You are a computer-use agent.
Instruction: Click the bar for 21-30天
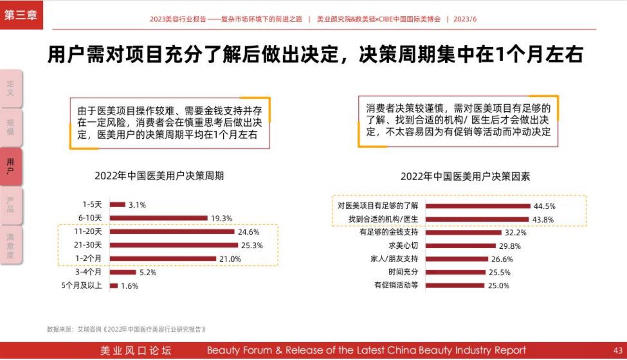click(x=174, y=245)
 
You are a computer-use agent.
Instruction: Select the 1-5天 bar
click(x=117, y=205)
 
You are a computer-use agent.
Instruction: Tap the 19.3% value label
click(x=222, y=218)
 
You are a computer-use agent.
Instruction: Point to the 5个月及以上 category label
click(x=82, y=286)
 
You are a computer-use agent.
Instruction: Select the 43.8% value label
click(x=544, y=220)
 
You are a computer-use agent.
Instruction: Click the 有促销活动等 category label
click(x=396, y=285)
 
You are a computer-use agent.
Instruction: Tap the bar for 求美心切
click(x=461, y=246)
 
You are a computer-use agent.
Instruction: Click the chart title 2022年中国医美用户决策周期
click(x=159, y=176)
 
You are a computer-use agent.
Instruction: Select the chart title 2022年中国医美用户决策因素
click(x=465, y=177)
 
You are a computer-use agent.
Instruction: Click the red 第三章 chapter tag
click(x=21, y=14)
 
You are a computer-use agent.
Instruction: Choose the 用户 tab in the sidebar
click(x=11, y=167)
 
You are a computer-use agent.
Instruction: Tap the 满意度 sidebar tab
click(x=11, y=246)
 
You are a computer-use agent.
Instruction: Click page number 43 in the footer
click(x=618, y=350)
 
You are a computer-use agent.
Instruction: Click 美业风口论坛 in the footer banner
click(x=136, y=350)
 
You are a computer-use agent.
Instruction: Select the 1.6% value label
click(x=130, y=286)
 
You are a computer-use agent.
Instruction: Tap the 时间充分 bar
click(x=455, y=272)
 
